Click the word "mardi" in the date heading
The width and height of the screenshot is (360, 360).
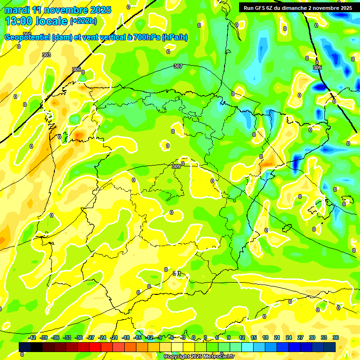[x=17, y=10]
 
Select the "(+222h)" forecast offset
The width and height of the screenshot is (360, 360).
[x=83, y=21]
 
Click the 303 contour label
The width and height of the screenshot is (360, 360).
[x=46, y=55]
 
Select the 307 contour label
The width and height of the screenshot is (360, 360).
[x=178, y=66]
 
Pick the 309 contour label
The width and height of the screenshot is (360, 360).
[x=176, y=166]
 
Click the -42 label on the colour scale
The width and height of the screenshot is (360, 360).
[x=32, y=337]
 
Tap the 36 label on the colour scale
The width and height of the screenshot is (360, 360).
[x=336, y=337]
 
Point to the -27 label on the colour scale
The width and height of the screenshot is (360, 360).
[x=90, y=337]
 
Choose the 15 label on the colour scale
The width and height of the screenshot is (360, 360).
[x=254, y=337]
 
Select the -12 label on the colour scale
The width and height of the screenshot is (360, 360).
[x=149, y=337]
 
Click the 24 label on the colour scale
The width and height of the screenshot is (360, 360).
[x=289, y=337]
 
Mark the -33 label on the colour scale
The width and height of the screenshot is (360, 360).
[x=67, y=337]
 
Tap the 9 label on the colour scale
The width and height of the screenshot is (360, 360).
[x=229, y=337]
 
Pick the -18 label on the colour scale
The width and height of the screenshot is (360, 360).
[x=126, y=337]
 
